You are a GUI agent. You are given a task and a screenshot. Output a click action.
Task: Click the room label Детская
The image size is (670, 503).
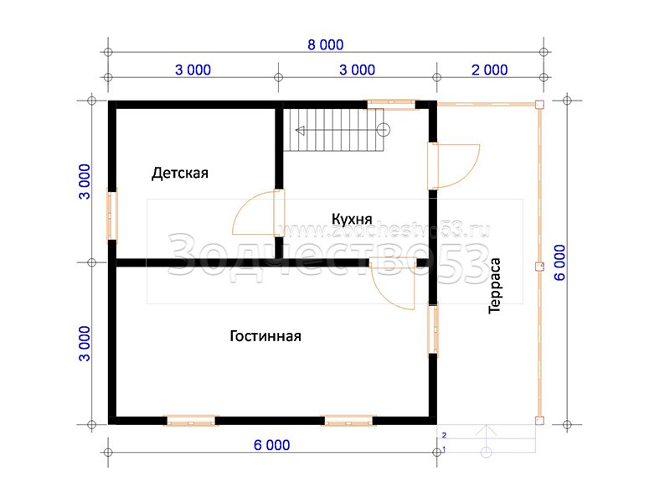pos(180,174)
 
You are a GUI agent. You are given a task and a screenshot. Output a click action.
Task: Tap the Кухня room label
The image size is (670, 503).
pos(352,219)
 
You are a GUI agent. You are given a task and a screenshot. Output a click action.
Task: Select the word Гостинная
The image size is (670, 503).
pos(265,336)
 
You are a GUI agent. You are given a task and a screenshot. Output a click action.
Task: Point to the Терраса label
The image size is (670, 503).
pos(494,286)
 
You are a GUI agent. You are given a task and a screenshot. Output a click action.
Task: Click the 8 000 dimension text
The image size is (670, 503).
pos(326,44)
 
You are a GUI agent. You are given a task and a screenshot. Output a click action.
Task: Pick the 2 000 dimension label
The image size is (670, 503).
pos(490,70)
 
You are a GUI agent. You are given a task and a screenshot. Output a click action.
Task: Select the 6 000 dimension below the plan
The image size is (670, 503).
pos(271,445)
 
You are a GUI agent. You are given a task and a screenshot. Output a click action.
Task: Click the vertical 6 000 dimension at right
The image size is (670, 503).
pos(559,262)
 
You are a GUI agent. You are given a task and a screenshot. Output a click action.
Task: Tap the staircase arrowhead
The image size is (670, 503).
pos(300,131)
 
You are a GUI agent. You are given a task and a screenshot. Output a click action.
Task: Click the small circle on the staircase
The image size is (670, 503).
pos(384,130)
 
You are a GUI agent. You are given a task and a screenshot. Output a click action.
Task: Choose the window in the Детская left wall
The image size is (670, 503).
pos(112,215)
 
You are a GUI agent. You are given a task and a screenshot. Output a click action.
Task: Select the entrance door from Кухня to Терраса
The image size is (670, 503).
pos(454,166)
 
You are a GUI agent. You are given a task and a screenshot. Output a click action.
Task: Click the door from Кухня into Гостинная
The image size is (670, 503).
pos(392,283)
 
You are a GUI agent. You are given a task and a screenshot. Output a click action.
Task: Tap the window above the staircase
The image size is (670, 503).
pos(391,104)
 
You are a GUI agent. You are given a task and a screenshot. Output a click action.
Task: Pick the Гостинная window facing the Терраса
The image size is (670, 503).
pos(433,329)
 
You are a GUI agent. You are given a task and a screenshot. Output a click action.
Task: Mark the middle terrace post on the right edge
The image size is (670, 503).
pos(539,267)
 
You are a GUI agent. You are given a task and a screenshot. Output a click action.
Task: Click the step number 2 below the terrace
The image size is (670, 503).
pos(445,435)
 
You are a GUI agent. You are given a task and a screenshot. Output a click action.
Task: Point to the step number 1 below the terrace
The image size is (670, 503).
pos(445,449)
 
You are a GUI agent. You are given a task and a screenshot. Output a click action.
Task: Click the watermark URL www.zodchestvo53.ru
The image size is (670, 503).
pos(386,231)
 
